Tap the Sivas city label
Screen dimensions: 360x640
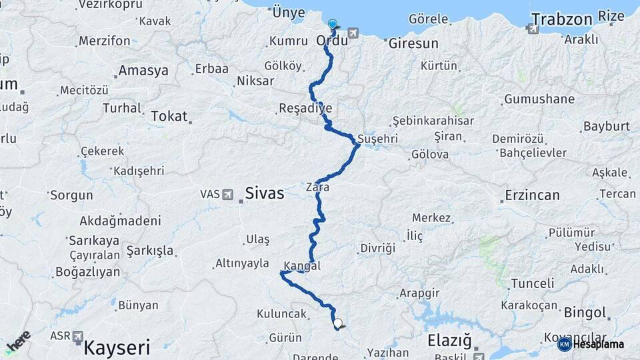click(x=265, y=194)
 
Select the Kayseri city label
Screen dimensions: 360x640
click(x=117, y=347)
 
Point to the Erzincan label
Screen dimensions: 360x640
click(x=532, y=195)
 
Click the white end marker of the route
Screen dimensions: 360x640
click(x=338, y=324)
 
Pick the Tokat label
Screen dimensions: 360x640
click(x=169, y=116)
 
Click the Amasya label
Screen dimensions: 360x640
click(x=143, y=71)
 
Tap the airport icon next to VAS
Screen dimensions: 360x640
click(x=228, y=195)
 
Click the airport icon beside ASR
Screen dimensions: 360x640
click(x=77, y=336)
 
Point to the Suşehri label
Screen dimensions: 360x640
click(x=378, y=139)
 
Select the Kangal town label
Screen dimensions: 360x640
click(x=302, y=266)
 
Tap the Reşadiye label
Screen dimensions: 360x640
click(x=305, y=108)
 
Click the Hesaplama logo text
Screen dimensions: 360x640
click(x=599, y=344)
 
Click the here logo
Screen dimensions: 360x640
click(x=18, y=341)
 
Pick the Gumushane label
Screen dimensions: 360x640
click(x=539, y=99)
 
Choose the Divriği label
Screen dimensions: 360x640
click(x=377, y=248)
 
